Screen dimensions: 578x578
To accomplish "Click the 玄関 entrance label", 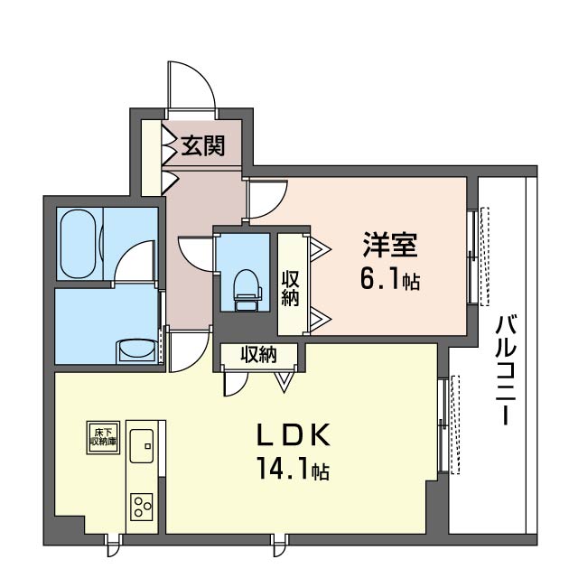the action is tap(202, 145).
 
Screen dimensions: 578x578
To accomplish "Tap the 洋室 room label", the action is tap(390, 245).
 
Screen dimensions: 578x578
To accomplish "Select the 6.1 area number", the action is tap(380, 280).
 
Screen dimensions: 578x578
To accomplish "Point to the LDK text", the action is tap(293, 435).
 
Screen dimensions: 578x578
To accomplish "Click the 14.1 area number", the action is tap(284, 469).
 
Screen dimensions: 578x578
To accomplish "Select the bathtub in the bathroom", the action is tap(78, 244).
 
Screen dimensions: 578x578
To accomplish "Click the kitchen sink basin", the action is tap(142, 445).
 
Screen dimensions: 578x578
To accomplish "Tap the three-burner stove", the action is tap(142, 507).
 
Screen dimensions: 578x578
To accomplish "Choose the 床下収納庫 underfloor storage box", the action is tap(103, 437).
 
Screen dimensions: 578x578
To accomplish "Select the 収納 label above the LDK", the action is tap(258, 355).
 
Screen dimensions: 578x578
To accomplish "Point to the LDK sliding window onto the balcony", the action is tap(442, 425).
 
